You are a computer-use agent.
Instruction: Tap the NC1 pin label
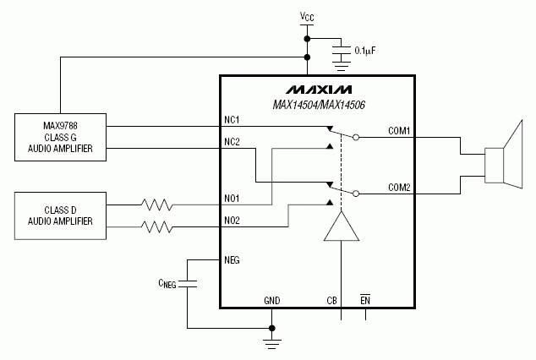tap(232, 119)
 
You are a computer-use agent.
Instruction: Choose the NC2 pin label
tap(232, 141)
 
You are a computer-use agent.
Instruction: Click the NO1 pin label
tap(232, 199)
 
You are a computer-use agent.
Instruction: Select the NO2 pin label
tap(232, 221)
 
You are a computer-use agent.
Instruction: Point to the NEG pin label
tap(232, 260)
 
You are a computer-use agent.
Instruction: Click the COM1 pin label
tap(399, 130)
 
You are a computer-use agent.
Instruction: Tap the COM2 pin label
tap(399, 187)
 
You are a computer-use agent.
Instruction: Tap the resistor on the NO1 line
tap(156, 204)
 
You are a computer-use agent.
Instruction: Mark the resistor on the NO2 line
tap(156, 226)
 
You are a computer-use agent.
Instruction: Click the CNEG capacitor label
tap(167, 285)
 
